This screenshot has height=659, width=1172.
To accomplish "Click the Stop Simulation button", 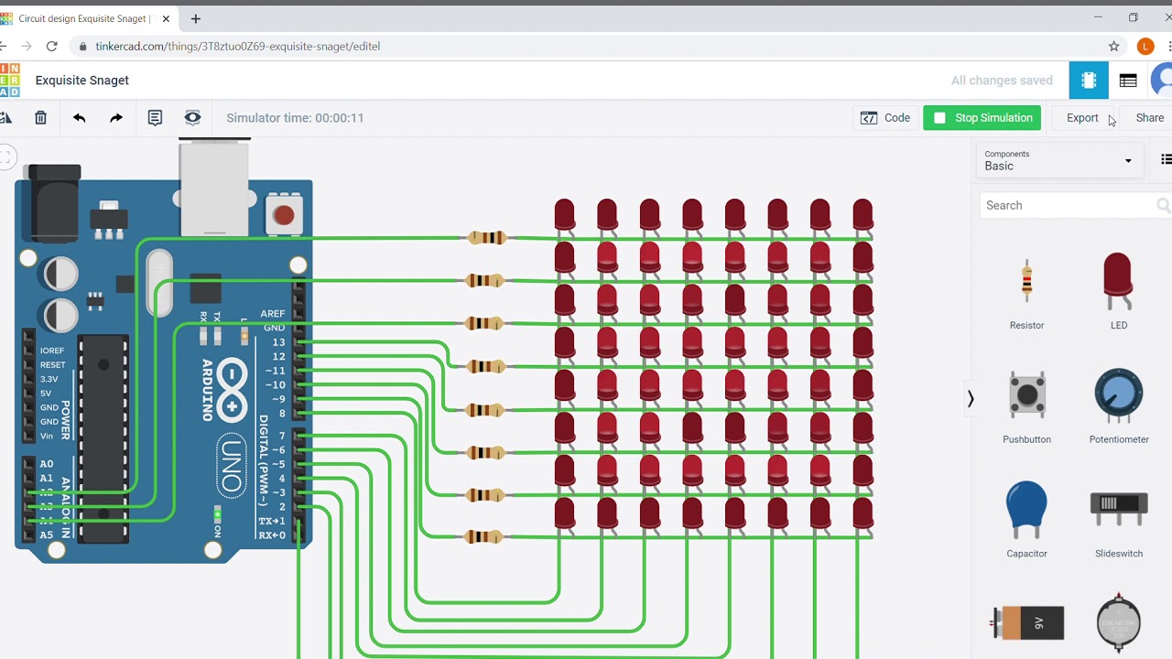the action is click(x=982, y=117).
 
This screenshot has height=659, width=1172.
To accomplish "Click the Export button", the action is click(x=1081, y=117).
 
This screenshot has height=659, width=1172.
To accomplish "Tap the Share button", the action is click(x=1149, y=117).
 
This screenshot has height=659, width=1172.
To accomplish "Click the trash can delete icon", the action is click(x=40, y=117).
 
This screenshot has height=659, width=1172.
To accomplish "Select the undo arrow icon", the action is click(x=79, y=117).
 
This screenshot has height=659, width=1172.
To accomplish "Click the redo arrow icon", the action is click(x=116, y=117).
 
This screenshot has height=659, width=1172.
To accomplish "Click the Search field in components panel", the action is click(x=1067, y=205).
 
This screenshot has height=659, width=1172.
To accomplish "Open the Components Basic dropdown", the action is click(x=1058, y=161).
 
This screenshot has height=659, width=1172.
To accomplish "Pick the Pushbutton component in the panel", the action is click(x=1026, y=397).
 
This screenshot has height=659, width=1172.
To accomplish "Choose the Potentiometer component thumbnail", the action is click(x=1118, y=397).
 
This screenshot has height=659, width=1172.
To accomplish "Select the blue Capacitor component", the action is click(x=1026, y=511).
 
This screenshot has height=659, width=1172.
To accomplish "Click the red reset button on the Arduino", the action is click(x=284, y=215).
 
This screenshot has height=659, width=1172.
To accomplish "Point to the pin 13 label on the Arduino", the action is click(x=278, y=342).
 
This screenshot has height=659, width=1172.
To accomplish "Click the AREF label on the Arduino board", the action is click(x=272, y=314).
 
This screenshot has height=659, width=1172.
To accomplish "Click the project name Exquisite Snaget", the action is click(x=82, y=81).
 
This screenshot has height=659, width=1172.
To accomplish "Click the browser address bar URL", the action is click(x=238, y=46).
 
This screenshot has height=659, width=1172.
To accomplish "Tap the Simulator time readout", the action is click(x=295, y=117).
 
